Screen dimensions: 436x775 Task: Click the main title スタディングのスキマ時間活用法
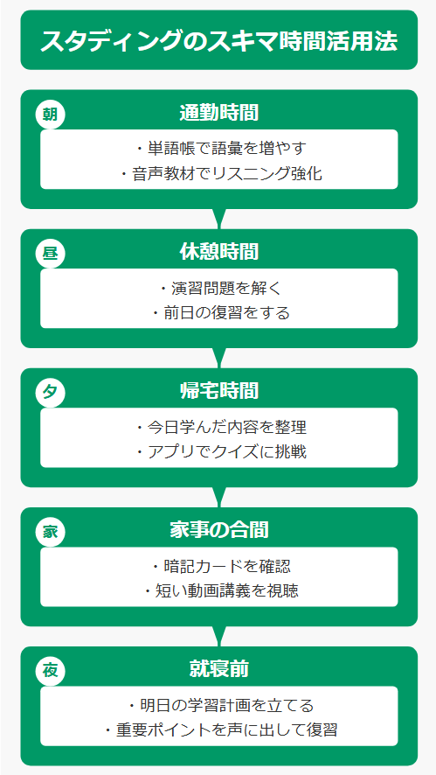point(218,41)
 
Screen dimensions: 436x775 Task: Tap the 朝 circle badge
point(50,115)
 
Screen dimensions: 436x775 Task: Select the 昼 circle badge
point(50,254)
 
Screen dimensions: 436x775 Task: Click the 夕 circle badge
point(50,393)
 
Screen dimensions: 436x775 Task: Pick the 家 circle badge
point(50,532)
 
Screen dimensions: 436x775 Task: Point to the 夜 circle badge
point(50,671)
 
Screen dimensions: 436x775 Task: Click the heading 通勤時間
point(218,114)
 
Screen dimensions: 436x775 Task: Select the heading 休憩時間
point(218,253)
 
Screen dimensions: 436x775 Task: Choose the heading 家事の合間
point(218,531)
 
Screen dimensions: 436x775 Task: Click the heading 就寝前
point(218,670)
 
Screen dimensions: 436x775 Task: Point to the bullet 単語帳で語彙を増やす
point(220,148)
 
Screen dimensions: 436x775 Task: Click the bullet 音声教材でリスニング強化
point(220,174)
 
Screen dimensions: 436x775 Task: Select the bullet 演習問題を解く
point(220,287)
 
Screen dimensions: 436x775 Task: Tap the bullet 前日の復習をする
point(220,313)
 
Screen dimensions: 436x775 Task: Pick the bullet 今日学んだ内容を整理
point(220,427)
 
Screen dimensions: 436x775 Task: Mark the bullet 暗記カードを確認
point(220,565)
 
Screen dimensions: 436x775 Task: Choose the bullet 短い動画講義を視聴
point(220,591)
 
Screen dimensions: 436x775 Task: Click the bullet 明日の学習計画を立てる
point(220,705)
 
